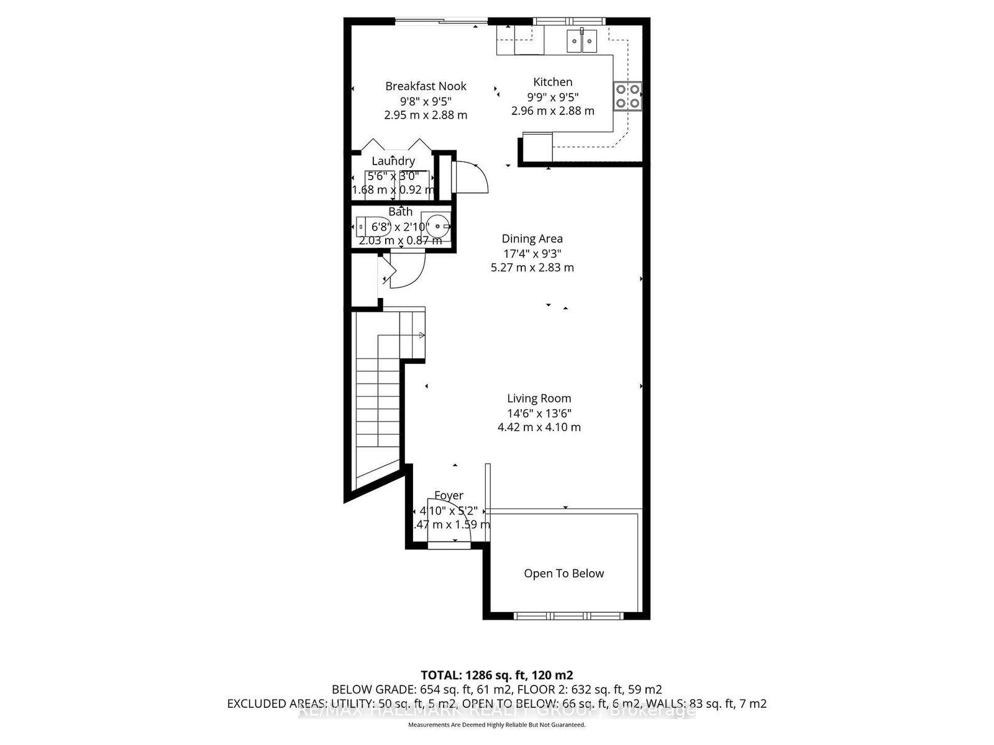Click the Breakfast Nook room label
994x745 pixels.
click(426, 86)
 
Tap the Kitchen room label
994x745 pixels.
click(552, 82)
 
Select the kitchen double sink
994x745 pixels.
click(581, 42)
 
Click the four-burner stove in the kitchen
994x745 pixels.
click(627, 96)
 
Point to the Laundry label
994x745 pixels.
click(393, 161)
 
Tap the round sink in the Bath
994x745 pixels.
click(439, 226)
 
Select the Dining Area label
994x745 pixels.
click(532, 238)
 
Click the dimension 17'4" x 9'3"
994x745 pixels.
click(532, 253)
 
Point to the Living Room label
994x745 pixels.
click(539, 399)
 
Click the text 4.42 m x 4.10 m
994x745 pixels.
click(539, 427)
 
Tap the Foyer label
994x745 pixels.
click(449, 495)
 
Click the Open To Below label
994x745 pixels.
click(563, 574)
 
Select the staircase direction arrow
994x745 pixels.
click(421, 335)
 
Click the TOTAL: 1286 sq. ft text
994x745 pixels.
click(496, 675)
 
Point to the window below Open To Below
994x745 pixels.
click(568, 616)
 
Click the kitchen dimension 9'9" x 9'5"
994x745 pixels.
click(552, 97)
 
